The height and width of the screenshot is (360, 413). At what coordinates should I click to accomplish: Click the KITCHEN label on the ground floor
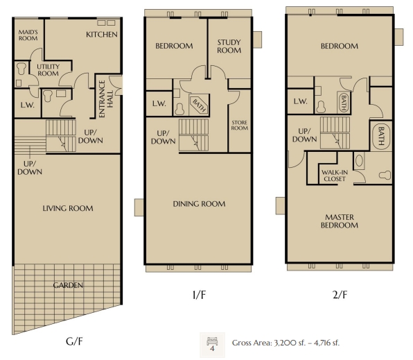[x=102, y=34]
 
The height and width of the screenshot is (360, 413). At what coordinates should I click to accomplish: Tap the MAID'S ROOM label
[x=28, y=35]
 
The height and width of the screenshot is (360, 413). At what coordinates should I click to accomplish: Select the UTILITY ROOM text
[x=48, y=70]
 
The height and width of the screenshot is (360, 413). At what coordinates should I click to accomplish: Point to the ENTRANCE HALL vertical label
[x=106, y=98]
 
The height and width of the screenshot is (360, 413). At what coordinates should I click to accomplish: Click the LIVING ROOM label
[x=68, y=208]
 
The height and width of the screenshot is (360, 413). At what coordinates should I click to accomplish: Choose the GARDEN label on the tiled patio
[x=68, y=285]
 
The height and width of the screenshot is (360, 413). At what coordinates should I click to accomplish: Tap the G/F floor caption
[x=74, y=341]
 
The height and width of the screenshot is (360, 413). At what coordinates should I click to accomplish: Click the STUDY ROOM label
[x=229, y=46]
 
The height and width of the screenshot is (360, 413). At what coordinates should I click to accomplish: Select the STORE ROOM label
[x=240, y=126]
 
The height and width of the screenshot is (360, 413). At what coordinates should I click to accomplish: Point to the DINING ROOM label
[x=199, y=204]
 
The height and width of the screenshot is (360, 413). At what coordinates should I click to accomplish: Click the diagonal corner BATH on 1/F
[x=199, y=105]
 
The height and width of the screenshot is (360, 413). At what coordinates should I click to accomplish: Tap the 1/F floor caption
[x=199, y=295]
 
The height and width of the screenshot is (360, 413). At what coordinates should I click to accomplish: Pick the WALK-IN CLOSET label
[x=335, y=175]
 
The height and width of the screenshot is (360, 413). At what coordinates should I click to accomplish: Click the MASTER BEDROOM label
[x=340, y=221]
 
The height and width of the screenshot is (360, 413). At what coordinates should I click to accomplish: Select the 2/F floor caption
[x=340, y=295]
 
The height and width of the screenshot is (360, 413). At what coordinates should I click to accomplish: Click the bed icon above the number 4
[x=212, y=341]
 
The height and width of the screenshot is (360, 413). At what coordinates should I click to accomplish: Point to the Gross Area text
[x=285, y=343]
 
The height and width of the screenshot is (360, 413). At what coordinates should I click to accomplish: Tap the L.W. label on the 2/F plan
[x=300, y=101]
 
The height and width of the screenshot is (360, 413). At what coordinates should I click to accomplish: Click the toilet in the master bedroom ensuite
[x=385, y=175]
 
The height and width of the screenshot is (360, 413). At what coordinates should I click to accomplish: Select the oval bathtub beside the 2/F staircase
[x=381, y=137]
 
